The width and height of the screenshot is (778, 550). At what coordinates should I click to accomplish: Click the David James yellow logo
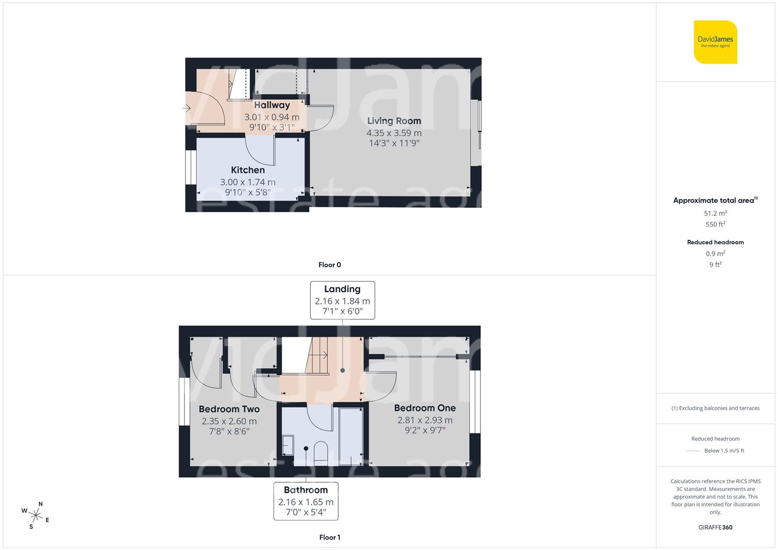point(715,42)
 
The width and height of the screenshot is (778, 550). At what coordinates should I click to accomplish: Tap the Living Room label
point(394,121)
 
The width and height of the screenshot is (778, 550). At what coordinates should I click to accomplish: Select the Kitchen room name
point(248,170)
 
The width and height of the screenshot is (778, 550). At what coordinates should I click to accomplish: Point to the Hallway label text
point(272,105)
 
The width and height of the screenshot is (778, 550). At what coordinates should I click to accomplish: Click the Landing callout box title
point(342,289)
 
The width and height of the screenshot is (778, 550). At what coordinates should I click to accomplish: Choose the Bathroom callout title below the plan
point(306,490)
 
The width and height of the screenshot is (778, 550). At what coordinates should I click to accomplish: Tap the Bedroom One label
point(424,408)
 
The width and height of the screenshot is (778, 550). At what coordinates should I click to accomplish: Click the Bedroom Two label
point(229,409)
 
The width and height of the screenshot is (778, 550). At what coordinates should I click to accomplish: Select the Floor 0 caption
point(330,265)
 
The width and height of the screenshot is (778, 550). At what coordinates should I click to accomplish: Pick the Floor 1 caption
point(330,537)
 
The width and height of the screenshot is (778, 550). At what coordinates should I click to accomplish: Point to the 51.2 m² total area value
point(715,213)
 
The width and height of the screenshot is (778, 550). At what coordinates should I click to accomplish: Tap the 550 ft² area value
point(715,224)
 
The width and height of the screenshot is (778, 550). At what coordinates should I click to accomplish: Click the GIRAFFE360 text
point(715,527)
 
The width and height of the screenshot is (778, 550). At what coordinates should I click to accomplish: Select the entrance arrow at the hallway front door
point(186,108)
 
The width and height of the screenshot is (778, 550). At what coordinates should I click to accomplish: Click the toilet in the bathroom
point(320,452)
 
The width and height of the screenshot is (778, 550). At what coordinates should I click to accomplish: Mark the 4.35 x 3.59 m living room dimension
point(394,133)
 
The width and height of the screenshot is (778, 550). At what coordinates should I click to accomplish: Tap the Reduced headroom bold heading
point(715,242)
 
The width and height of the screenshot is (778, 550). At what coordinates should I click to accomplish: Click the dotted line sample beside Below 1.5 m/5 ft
point(693,451)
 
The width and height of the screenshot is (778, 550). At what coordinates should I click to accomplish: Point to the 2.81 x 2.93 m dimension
point(424,420)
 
